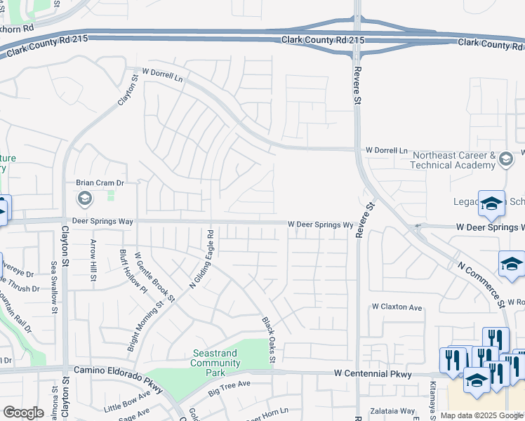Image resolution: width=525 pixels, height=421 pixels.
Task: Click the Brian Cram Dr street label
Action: [x=100, y=183]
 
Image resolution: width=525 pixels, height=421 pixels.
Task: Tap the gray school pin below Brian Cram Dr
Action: [x=85, y=199]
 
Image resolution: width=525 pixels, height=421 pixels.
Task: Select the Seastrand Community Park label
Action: [x=215, y=358]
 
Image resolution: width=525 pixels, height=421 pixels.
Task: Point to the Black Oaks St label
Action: [x=269, y=340]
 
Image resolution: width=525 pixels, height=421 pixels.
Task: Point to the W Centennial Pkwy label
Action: [x=372, y=374]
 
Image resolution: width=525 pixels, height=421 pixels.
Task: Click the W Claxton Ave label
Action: [x=397, y=307]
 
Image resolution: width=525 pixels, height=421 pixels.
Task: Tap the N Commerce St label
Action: [x=481, y=284]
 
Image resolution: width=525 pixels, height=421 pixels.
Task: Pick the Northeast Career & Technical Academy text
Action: [x=453, y=160]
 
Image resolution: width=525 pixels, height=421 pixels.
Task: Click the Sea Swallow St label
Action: [x=54, y=281]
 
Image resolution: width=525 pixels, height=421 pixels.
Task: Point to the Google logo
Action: [x=23, y=413]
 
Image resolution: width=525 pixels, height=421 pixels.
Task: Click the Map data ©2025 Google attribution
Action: [x=482, y=415]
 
